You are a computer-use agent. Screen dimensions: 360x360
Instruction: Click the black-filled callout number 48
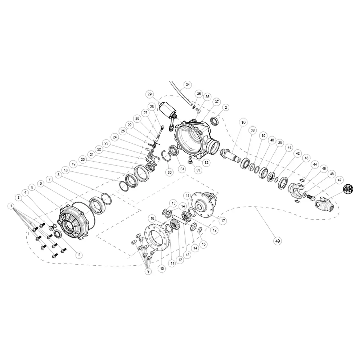click(x=348, y=189)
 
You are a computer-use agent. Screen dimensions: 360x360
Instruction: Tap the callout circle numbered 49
click(x=278, y=241)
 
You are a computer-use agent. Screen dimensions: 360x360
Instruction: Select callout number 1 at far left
click(x=11, y=206)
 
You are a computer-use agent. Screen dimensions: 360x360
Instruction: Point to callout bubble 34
click(x=188, y=85)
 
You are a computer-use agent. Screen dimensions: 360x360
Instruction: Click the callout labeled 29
click(x=150, y=94)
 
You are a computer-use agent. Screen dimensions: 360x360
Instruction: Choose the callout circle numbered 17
click(x=223, y=221)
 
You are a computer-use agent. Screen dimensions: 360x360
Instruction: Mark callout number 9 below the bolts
click(x=148, y=271)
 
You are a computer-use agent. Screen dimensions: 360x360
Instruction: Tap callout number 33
click(x=198, y=170)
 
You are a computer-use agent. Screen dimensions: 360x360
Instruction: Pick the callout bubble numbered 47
click(x=339, y=180)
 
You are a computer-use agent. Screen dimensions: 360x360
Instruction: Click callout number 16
click(x=152, y=219)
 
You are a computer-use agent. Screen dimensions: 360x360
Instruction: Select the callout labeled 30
click(x=170, y=172)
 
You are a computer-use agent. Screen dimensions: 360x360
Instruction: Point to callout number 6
click(x=41, y=184)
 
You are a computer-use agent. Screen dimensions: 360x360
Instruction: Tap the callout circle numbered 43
click(x=306, y=158)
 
